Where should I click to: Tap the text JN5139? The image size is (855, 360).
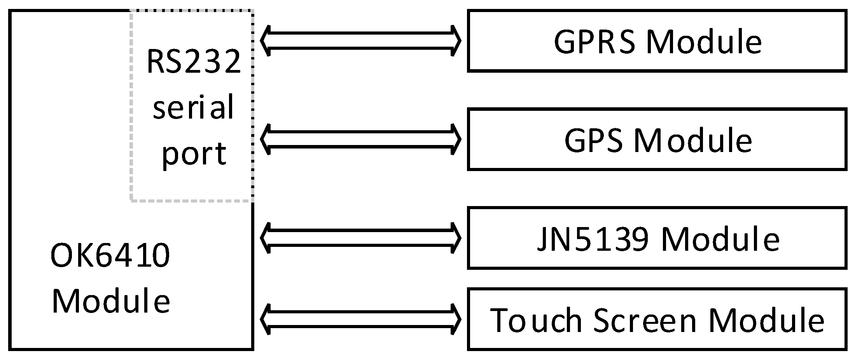point(593,239)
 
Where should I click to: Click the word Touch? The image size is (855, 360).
point(537,320)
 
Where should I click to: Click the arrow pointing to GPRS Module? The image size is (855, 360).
point(360,41)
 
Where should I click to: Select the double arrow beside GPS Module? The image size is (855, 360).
point(360,139)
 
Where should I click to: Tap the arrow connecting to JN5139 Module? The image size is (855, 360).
point(360,238)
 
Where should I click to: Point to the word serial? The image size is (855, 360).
point(194,107)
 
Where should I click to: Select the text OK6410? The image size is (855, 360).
point(110,256)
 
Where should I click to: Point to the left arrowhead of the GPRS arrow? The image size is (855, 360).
point(265,41)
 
